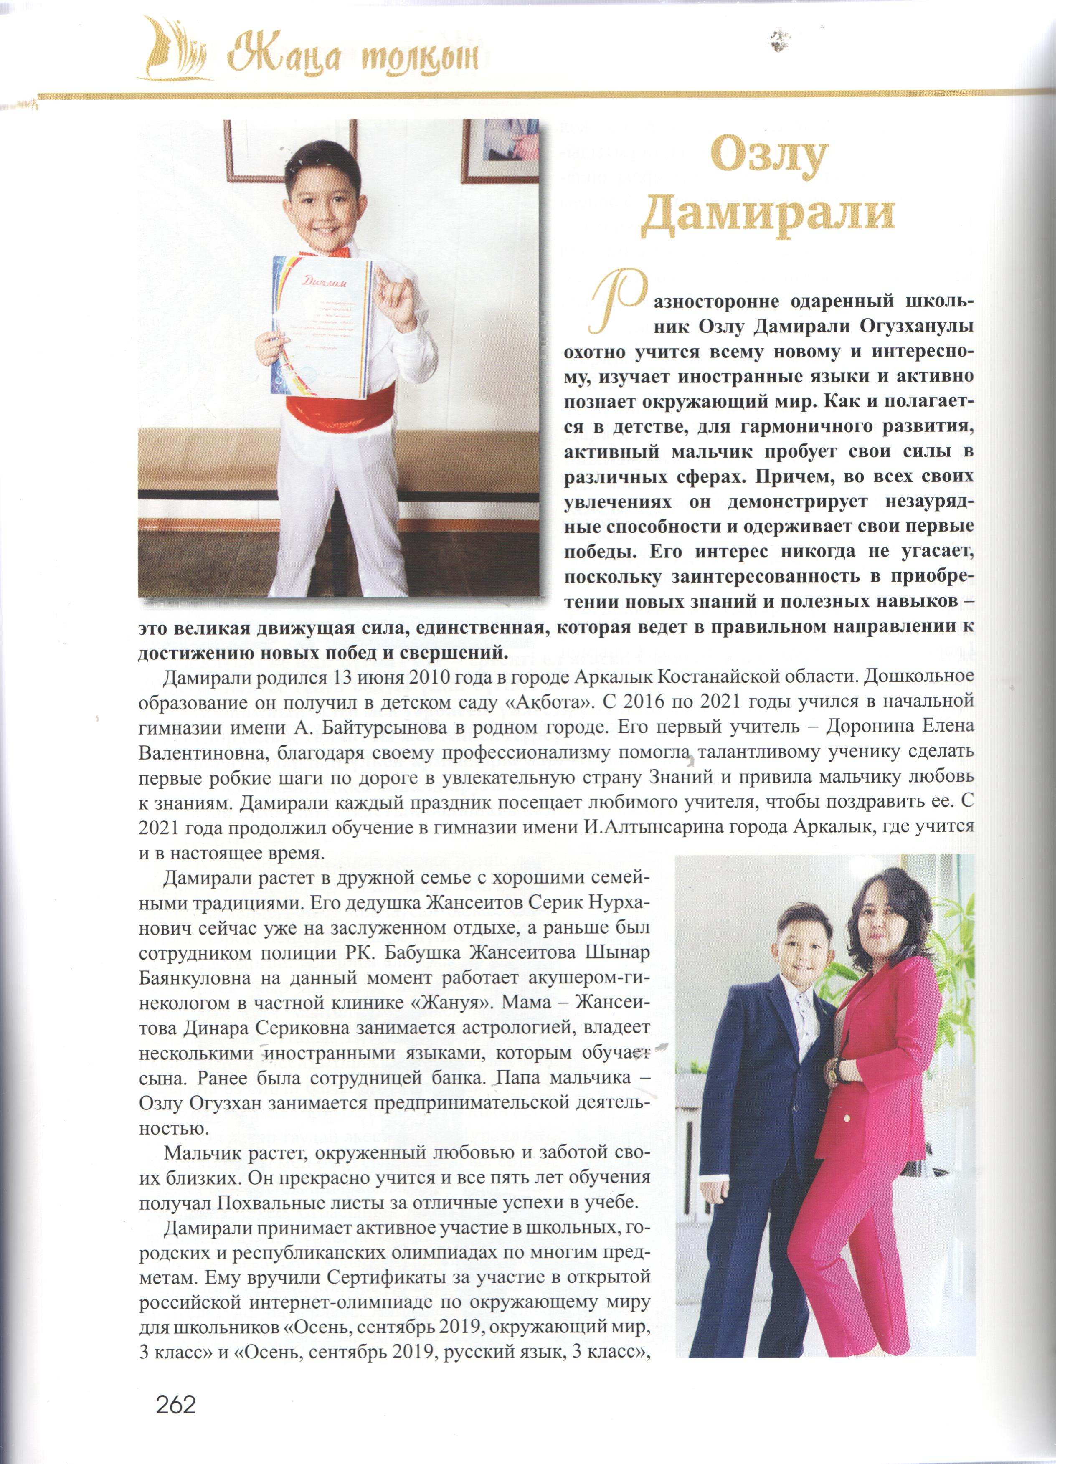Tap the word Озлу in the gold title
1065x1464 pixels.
pyautogui.click(x=768, y=155)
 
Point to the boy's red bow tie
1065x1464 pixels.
pyautogui.click(x=326, y=252)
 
